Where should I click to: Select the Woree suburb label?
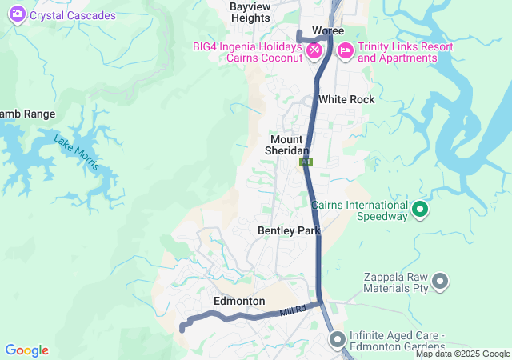327,30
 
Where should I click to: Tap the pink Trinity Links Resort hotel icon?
346,50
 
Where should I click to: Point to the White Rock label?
346,99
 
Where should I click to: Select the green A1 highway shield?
306,162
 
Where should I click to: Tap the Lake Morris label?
77,152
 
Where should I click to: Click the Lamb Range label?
27,114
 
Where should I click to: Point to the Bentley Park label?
289,230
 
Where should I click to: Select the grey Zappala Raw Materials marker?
439,281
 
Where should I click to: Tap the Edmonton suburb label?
239,301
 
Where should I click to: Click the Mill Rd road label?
293,310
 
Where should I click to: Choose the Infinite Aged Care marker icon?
337,340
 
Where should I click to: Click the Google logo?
26,350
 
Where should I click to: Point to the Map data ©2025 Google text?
462,354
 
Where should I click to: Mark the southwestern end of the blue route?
182,328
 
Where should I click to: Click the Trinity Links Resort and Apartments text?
405,52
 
